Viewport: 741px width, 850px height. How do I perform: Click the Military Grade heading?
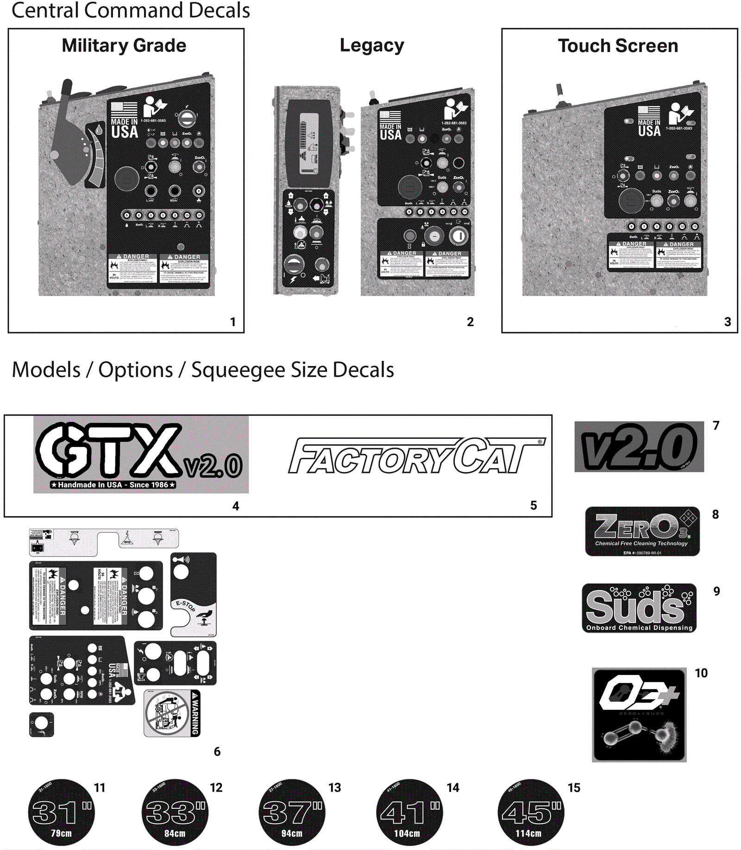pos(124,45)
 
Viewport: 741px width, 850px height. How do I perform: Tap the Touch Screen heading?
pos(617,45)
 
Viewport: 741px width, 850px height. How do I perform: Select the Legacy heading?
pos(371,45)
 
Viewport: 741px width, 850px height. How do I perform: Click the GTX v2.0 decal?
pos(141,454)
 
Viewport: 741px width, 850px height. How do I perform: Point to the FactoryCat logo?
pos(416,456)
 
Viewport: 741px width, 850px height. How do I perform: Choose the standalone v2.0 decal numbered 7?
pos(639,447)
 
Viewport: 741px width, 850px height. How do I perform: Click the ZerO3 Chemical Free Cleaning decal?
pos(642,531)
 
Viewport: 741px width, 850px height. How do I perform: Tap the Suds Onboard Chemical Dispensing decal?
pos(639,608)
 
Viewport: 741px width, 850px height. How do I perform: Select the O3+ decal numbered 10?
pos(639,714)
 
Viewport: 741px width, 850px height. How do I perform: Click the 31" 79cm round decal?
pos(62,812)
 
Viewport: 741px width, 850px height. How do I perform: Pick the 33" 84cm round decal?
pos(175,812)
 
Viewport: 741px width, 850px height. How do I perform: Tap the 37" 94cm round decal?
pos(292,812)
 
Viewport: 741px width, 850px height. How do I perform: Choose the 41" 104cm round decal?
pos(409,812)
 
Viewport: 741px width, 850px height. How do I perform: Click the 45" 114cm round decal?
pos(531,812)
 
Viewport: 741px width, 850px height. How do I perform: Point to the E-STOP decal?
pos(193,594)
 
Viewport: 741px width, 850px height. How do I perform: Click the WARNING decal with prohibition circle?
pos(172,713)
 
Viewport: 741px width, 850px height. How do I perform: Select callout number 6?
pos(217,751)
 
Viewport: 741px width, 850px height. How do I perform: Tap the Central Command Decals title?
pos(130,10)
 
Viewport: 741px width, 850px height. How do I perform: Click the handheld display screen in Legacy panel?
pos(309,143)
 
